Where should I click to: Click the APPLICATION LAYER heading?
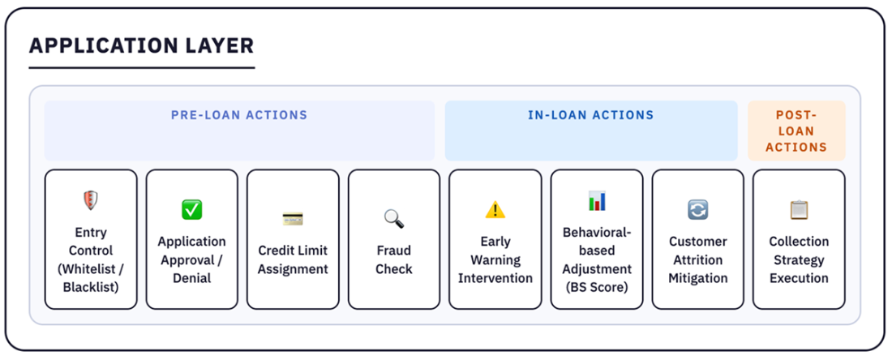click(x=141, y=45)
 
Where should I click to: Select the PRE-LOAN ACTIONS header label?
click(x=239, y=115)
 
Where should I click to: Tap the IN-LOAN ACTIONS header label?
click(x=590, y=115)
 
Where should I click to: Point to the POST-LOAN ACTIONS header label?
click(x=796, y=131)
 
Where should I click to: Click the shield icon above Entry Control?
click(x=91, y=200)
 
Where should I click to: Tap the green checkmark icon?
click(x=191, y=210)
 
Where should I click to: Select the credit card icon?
click(x=293, y=218)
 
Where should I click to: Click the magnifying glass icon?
click(x=393, y=218)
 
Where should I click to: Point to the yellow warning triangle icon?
click(x=495, y=210)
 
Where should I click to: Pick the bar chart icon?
click(x=597, y=201)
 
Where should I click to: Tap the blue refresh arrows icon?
click(x=697, y=210)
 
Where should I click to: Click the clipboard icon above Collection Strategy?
click(x=799, y=210)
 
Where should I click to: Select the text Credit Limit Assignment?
click(x=293, y=260)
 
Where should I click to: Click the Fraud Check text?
click(x=393, y=260)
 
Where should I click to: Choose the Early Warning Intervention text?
click(x=495, y=260)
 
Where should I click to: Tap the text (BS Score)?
click(x=597, y=287)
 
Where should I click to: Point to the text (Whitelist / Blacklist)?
click(x=91, y=278)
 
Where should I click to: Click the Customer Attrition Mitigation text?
click(x=697, y=260)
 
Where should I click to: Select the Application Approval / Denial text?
click(x=191, y=260)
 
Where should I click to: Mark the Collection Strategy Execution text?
click(x=799, y=260)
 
